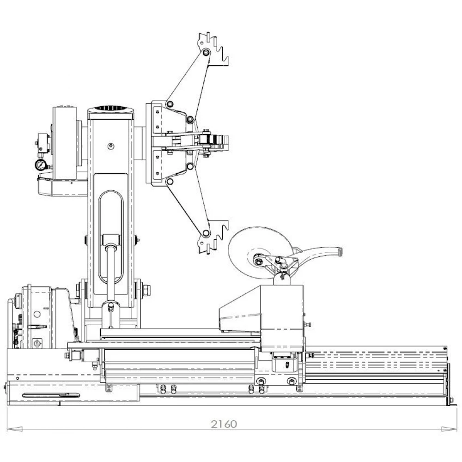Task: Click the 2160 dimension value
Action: (x=224, y=424)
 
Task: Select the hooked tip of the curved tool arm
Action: (x=341, y=251)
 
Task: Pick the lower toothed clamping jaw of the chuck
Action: (x=213, y=237)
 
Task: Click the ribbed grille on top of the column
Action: (x=111, y=110)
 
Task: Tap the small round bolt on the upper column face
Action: (x=110, y=146)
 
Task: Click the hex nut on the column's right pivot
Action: (x=146, y=290)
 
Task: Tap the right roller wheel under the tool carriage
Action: (x=291, y=381)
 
